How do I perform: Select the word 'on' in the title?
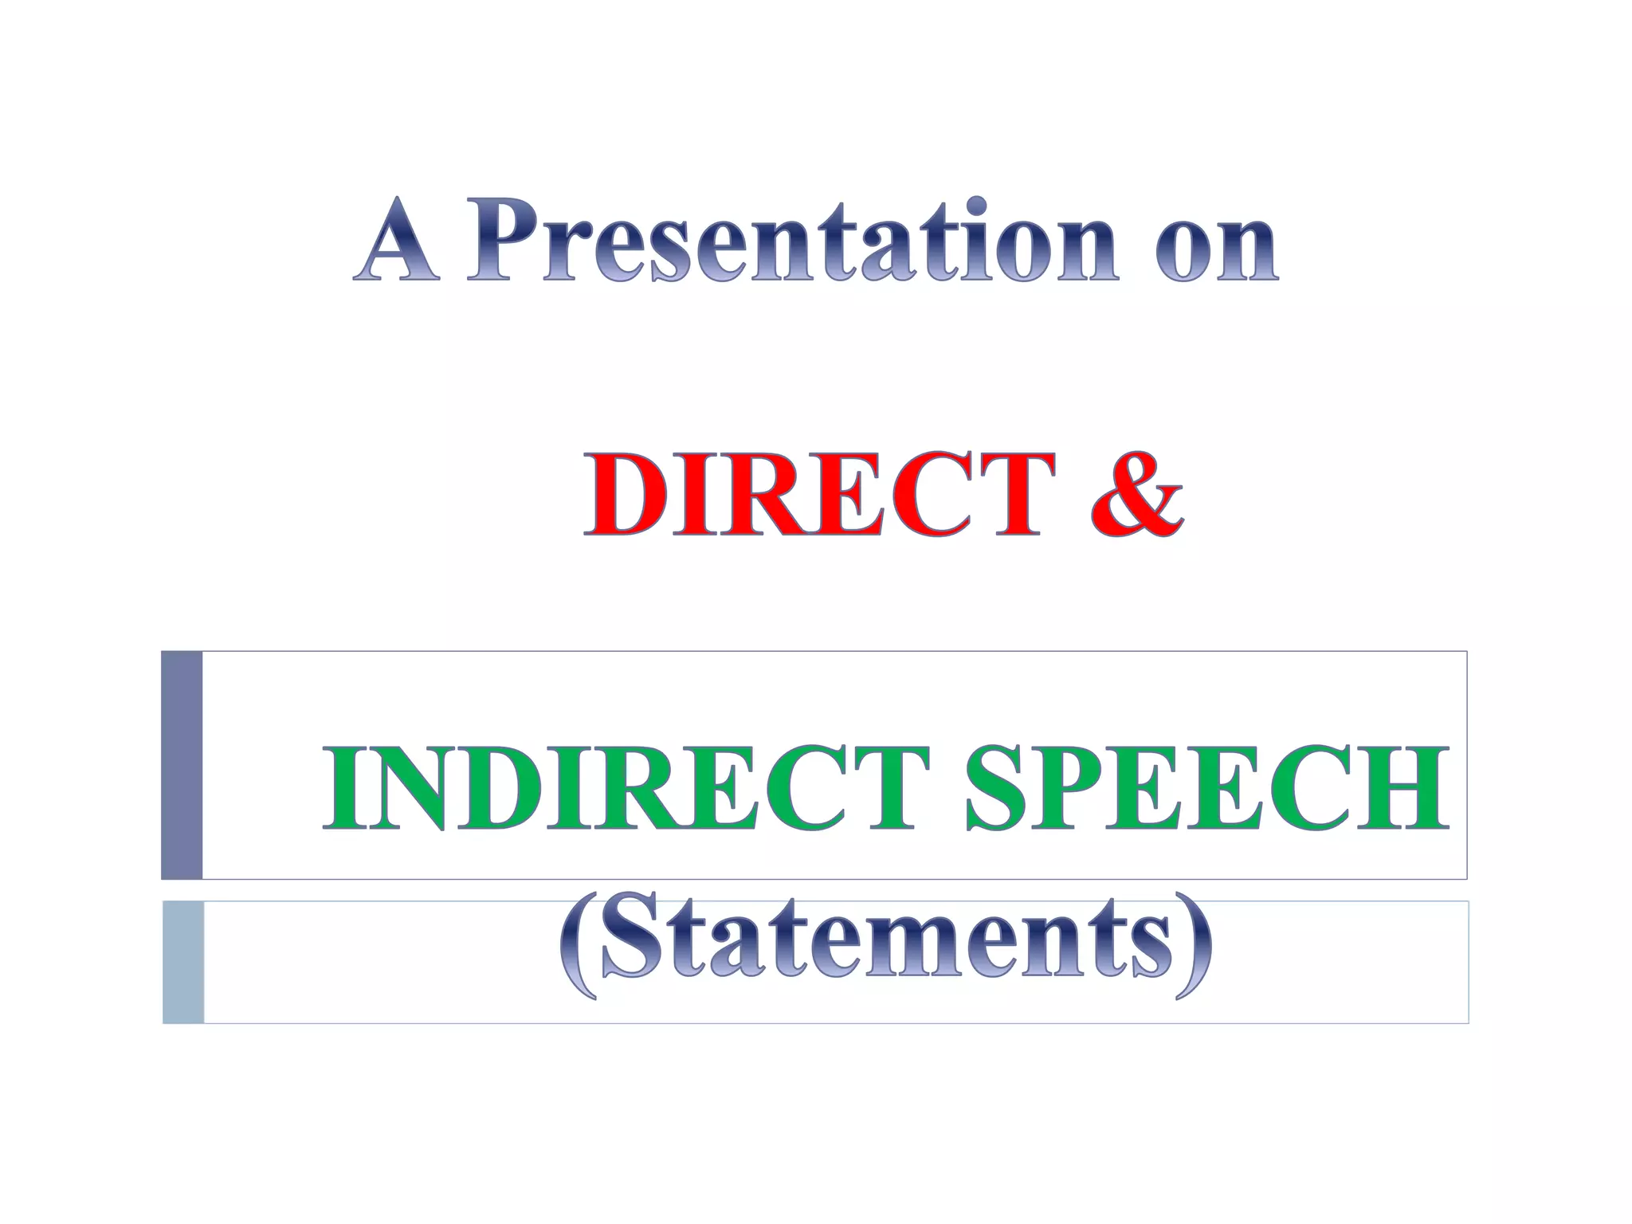point(1216,247)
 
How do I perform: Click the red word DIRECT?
point(813,494)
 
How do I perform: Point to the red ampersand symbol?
point(1136,494)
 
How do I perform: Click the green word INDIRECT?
point(626,789)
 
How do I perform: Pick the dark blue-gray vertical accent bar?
point(182,765)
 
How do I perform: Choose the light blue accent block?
point(183,962)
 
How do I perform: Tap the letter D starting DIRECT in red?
point(626,494)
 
